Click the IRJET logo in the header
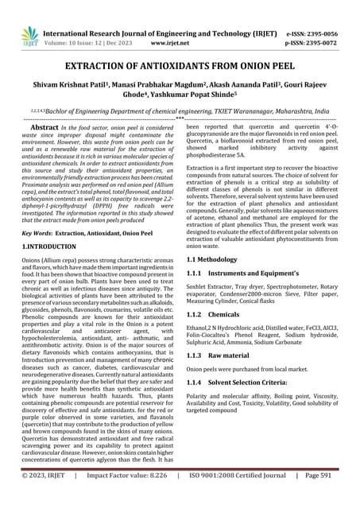[x=30, y=33]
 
